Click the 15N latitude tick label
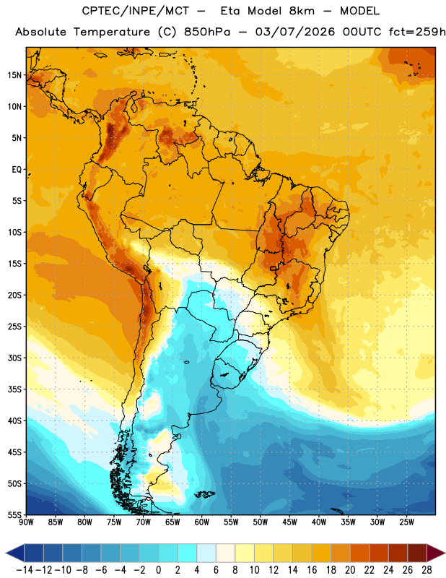[x=14, y=75]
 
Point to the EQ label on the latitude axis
[x=17, y=170]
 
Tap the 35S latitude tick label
[x=14, y=389]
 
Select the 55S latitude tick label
[x=14, y=514]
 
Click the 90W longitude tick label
[x=26, y=522]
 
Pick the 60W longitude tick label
[x=202, y=522]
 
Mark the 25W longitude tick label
[x=406, y=522]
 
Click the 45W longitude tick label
[x=289, y=522]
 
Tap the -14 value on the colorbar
[x=25, y=570]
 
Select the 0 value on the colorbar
[x=159, y=570]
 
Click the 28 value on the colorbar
[x=427, y=570]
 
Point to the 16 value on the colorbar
[x=312, y=570]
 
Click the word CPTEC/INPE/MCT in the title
[x=136, y=11]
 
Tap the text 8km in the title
[x=302, y=11]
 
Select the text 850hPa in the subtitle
[x=207, y=32]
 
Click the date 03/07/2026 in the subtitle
[x=295, y=32]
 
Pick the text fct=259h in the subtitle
[x=417, y=32]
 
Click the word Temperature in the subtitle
[x=112, y=33]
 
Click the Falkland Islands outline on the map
[x=204, y=494]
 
